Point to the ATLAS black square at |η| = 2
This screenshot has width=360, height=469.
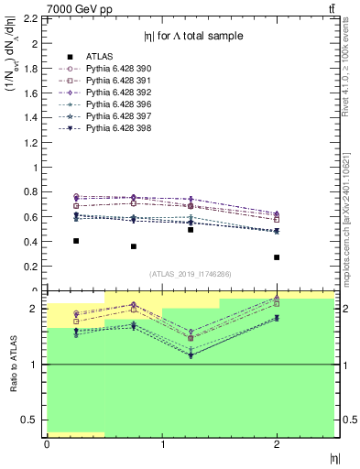pyautogui.click(x=277, y=257)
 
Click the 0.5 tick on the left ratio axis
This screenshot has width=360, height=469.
pyautogui.click(x=37, y=420)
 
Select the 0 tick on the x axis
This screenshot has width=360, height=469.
pyautogui.click(x=47, y=444)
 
